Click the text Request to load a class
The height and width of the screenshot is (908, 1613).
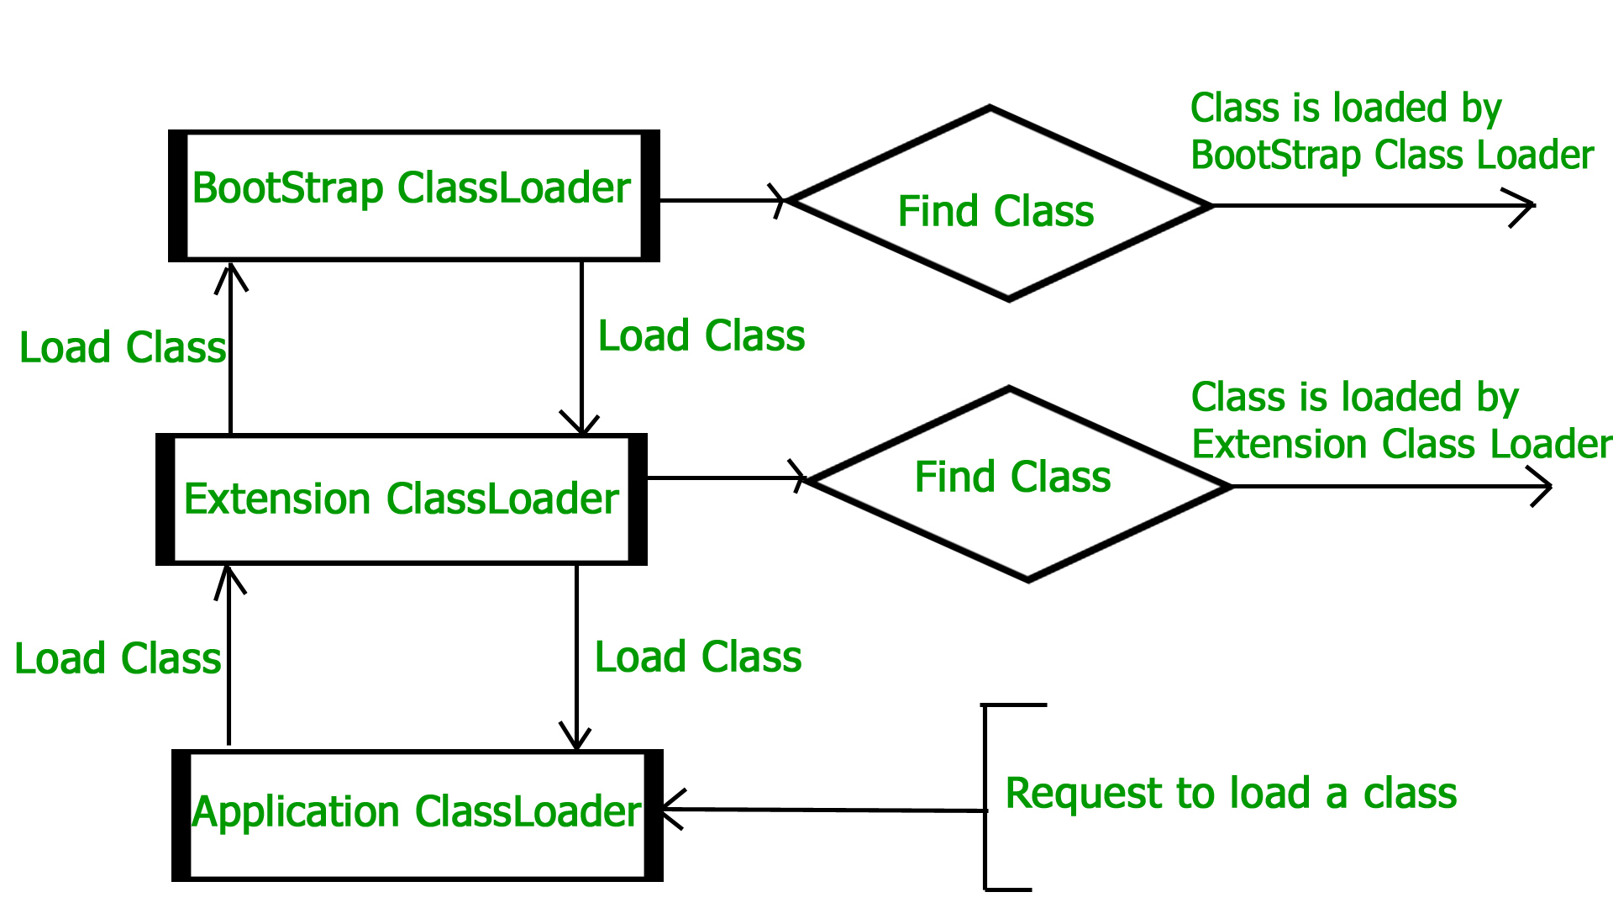pyautogui.click(x=1231, y=793)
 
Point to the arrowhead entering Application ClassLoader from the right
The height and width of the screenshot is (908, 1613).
pyautogui.click(x=670, y=810)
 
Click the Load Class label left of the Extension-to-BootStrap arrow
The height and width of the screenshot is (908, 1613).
pyautogui.click(x=123, y=348)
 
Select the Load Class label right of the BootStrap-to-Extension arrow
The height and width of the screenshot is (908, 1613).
pyautogui.click(x=701, y=336)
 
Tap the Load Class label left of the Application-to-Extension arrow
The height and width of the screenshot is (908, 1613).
pyautogui.click(x=118, y=658)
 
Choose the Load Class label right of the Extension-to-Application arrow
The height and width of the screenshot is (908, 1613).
pyautogui.click(x=698, y=657)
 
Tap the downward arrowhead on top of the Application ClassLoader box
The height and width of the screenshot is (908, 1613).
pyautogui.click(x=576, y=738)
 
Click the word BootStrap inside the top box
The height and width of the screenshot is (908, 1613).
pyautogui.click(x=287, y=188)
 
